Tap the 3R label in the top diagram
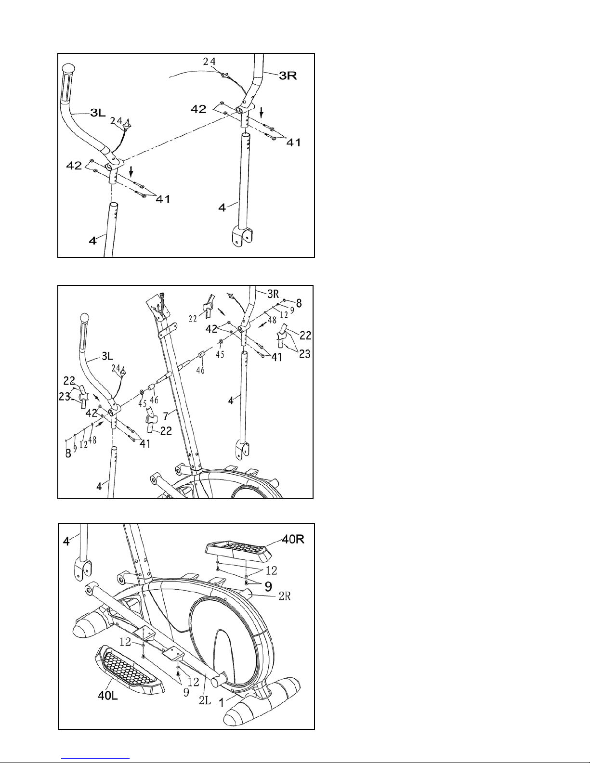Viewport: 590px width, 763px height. pyautogui.click(x=290, y=76)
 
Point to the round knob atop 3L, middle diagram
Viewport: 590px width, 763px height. pyautogui.click(x=85, y=318)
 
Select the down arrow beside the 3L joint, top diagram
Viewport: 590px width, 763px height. pyautogui.click(x=131, y=171)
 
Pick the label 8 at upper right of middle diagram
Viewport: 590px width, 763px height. pyautogui.click(x=299, y=303)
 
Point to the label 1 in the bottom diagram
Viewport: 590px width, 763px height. pyautogui.click(x=222, y=703)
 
